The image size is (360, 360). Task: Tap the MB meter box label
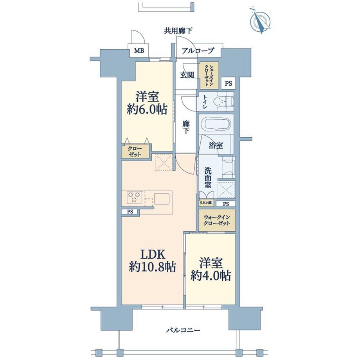coord(139,50)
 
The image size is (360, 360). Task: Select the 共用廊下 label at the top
coord(178,31)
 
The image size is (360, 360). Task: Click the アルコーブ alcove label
coord(198,50)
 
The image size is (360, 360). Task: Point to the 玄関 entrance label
coord(187,75)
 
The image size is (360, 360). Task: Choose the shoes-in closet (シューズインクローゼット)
coord(209,75)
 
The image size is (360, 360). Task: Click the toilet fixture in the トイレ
coord(223,101)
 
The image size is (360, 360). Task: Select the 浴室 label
coord(216,145)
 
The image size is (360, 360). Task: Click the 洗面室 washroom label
coord(208,178)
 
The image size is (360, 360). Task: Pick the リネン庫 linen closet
coord(206,203)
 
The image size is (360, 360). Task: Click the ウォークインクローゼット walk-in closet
coord(217,220)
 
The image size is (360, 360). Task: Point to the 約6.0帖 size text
coord(147,109)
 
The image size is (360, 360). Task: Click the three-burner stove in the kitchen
coord(134,198)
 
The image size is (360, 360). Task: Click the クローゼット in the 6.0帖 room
coord(135,151)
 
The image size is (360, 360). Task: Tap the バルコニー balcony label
coord(183,330)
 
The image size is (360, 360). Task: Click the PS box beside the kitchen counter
coord(130,212)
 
